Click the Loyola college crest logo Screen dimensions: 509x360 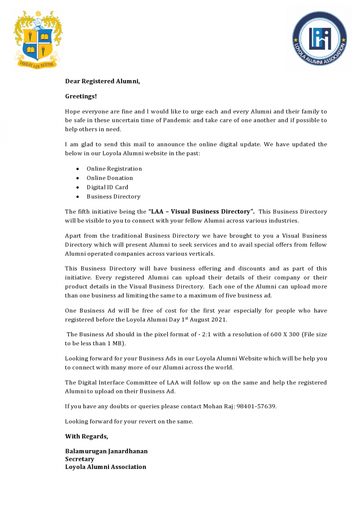pyautogui.click(x=38, y=40)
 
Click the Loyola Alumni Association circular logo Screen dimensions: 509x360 pyautogui.click(x=319, y=39)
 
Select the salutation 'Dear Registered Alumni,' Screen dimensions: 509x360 pyautogui.click(x=103, y=81)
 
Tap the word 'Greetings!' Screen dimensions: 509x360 pyautogui.click(x=81, y=96)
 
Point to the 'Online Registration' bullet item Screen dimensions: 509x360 pyautogui.click(x=114, y=169)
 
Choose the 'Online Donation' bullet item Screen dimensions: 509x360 pyautogui.click(x=110, y=178)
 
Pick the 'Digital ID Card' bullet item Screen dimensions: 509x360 pyautogui.click(x=107, y=187)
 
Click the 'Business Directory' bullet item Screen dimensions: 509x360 pyautogui.click(x=113, y=196)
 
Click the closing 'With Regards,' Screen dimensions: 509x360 pyautogui.click(x=86, y=436)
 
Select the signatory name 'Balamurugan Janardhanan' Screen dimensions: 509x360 pyautogui.click(x=106, y=451)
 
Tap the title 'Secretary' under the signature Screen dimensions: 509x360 pyautogui.click(x=80, y=459)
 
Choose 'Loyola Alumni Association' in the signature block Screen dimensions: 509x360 pyautogui.click(x=105, y=467)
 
